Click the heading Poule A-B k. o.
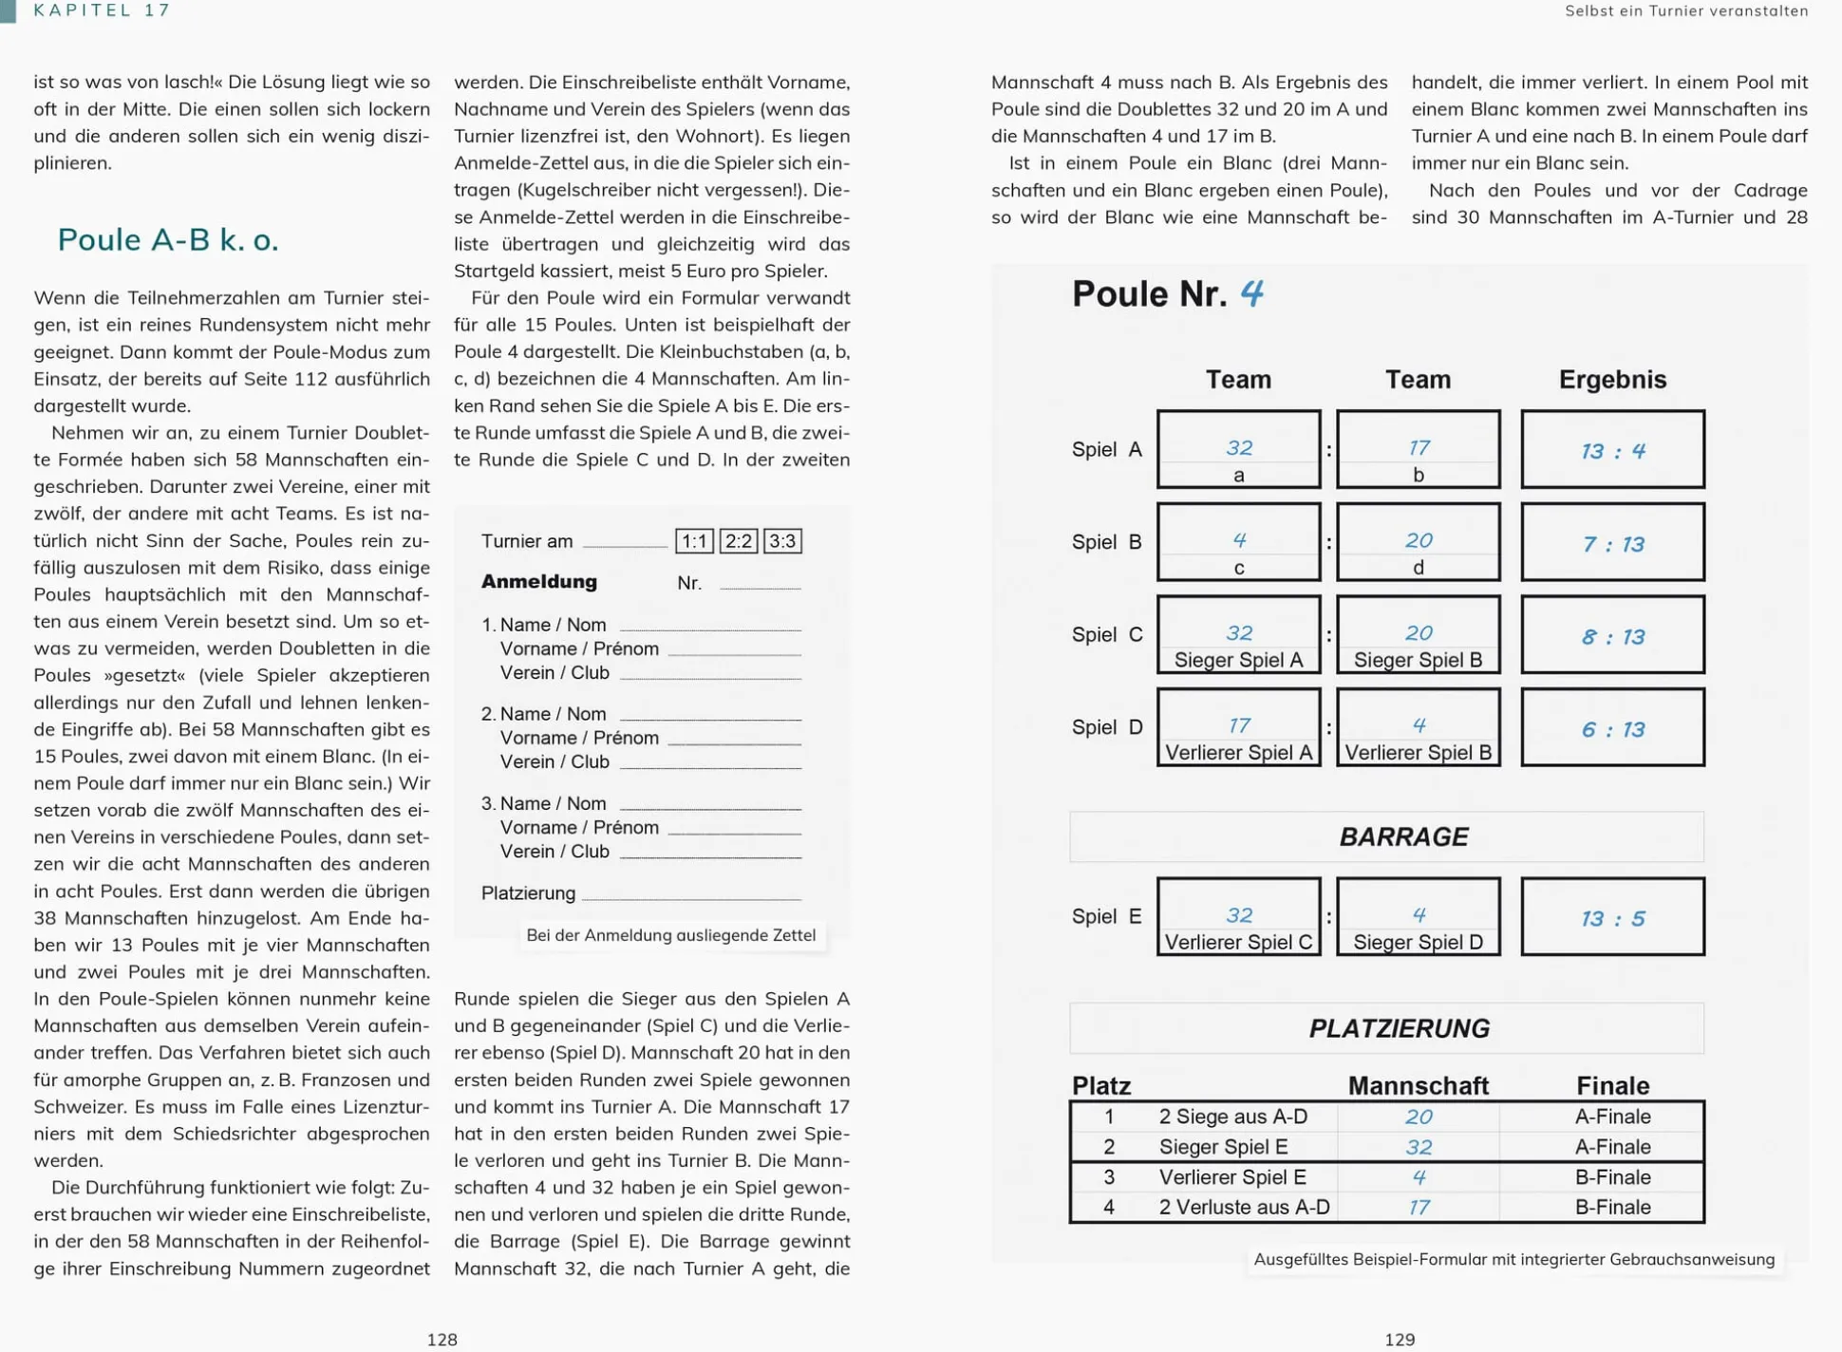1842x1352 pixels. click(x=168, y=240)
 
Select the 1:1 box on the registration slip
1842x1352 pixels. click(x=694, y=541)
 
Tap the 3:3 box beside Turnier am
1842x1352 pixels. click(x=782, y=541)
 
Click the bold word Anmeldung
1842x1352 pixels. click(x=539, y=582)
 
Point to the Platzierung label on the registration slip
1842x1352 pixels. click(x=528, y=893)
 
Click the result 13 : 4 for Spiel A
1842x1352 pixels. click(x=1612, y=450)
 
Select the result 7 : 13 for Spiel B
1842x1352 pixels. click(x=1612, y=543)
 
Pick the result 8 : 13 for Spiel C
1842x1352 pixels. click(x=1612, y=636)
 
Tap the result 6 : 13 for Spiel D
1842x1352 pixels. click(x=1612, y=729)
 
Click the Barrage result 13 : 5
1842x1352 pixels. click(x=1612, y=918)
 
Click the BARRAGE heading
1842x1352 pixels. click(x=1403, y=836)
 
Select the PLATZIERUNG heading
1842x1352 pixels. click(x=1399, y=1028)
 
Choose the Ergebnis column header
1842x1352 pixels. click(x=1612, y=380)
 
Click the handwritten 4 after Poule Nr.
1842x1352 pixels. click(x=1251, y=292)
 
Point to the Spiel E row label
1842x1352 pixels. click(x=1106, y=916)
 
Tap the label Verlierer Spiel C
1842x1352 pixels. click(x=1238, y=943)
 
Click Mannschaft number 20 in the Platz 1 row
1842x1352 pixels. click(x=1419, y=1117)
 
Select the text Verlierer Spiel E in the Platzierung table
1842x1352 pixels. click(x=1232, y=1177)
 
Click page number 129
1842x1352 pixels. click(x=1400, y=1340)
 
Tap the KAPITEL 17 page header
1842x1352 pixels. click(x=103, y=10)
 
